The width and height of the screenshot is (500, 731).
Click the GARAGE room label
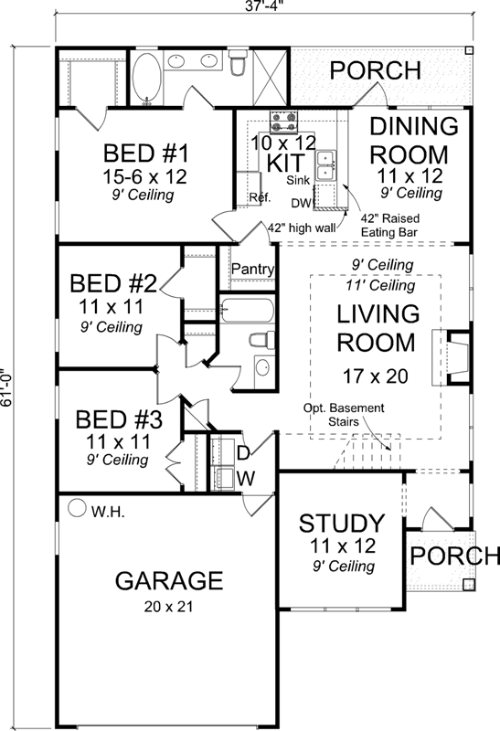click(x=169, y=580)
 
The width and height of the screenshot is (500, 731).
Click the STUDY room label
click(x=342, y=524)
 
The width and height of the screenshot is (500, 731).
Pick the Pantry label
click(x=250, y=269)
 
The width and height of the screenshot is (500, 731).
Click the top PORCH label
click(x=375, y=70)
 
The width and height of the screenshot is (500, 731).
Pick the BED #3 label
click(x=119, y=420)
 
